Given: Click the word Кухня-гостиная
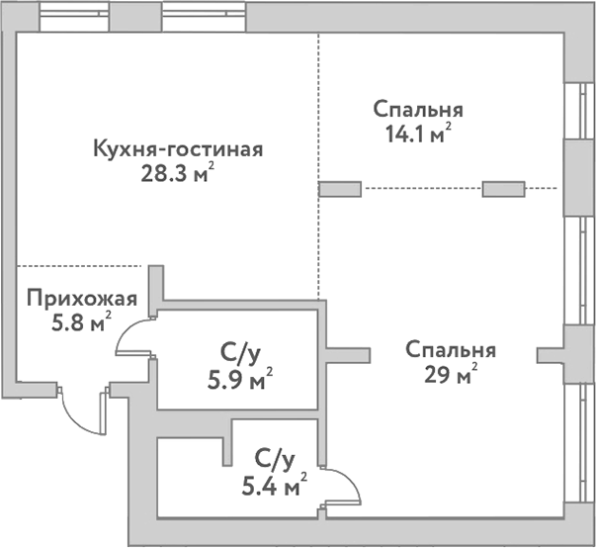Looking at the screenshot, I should (x=177, y=151).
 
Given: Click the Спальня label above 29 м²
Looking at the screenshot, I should (x=451, y=350).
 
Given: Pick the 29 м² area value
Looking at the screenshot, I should (x=451, y=375).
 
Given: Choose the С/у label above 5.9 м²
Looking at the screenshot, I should (x=241, y=351).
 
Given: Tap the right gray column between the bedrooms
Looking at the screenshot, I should (x=503, y=189).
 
